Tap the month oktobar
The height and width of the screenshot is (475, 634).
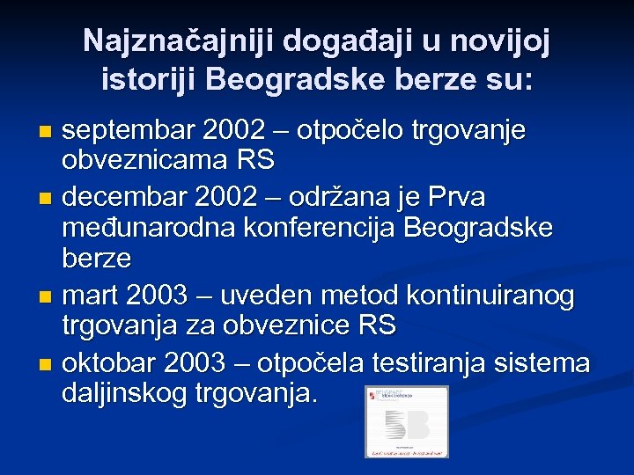(x=113, y=362)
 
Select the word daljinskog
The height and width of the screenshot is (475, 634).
(x=119, y=393)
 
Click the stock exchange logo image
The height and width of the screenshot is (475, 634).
(x=406, y=421)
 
